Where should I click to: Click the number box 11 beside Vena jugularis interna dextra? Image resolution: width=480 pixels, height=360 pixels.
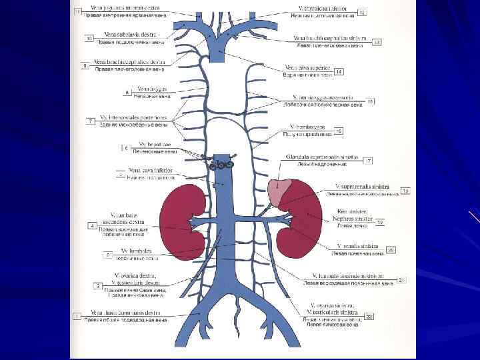(78, 12)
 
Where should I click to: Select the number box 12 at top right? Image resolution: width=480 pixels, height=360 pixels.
(362, 12)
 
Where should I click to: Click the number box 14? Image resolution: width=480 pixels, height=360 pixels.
(339, 71)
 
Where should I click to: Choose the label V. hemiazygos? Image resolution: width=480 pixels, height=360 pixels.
(307, 126)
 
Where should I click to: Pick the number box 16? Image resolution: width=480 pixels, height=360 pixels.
(339, 131)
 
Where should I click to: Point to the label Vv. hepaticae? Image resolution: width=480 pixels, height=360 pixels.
(154, 144)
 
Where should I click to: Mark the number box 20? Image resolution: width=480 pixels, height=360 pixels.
(391, 250)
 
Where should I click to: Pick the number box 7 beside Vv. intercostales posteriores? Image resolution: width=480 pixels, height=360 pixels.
(89, 121)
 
